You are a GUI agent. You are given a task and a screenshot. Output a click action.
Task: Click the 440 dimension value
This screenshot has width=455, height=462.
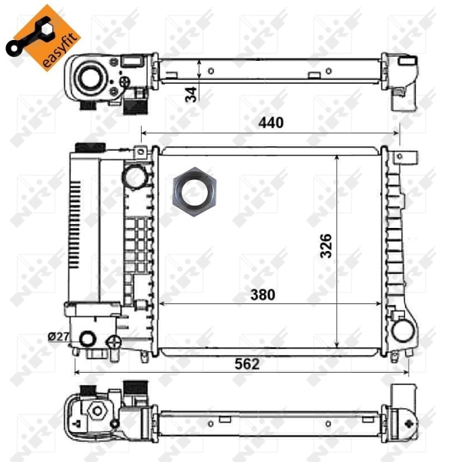pyautogui.click(x=271, y=122)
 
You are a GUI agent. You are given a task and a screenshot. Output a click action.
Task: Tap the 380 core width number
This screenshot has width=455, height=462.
pyautogui.click(x=263, y=294)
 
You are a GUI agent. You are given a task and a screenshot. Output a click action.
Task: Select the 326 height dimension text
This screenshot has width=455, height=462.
pyautogui.click(x=326, y=246)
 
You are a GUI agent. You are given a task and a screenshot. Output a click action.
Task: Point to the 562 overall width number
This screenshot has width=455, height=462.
pyautogui.click(x=247, y=364)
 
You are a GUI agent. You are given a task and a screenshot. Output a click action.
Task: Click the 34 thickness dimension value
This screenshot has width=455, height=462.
pyautogui.click(x=191, y=94)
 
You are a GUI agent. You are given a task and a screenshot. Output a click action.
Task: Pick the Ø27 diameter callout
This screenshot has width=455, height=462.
pyautogui.click(x=59, y=336)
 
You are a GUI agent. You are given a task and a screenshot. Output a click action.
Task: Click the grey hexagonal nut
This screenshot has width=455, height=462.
pyautogui.click(x=194, y=192)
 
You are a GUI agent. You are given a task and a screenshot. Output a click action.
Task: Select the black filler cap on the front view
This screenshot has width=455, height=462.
pyautogui.click(x=91, y=147)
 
